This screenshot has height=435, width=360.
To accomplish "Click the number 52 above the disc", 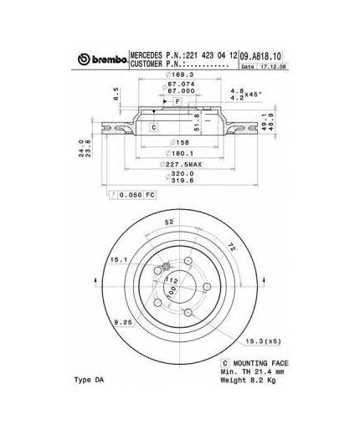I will coord(169,223).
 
